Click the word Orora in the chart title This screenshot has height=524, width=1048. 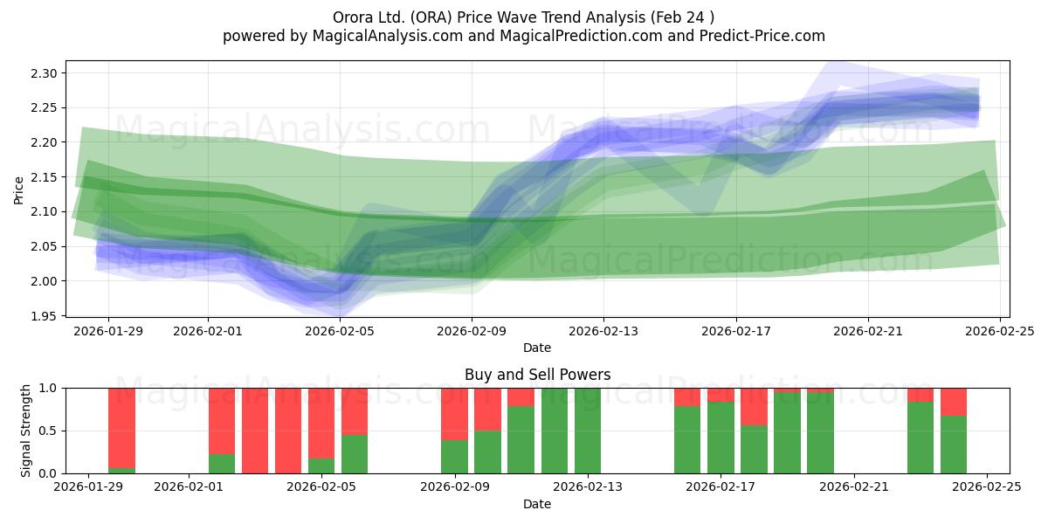pyautogui.click(x=353, y=17)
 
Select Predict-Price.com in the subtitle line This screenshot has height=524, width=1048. pyautogui.click(x=769, y=36)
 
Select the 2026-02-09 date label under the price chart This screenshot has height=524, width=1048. pyautogui.click(x=472, y=332)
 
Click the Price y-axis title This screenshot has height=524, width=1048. pyautogui.click(x=18, y=190)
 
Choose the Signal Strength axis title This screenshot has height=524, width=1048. pyautogui.click(x=26, y=431)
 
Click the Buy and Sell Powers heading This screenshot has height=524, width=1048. pyautogui.click(x=537, y=375)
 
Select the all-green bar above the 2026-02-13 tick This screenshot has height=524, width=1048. pyautogui.click(x=588, y=431)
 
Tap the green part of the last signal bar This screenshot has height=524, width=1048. pyautogui.click(x=954, y=445)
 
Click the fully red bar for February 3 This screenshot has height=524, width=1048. pyautogui.click(x=255, y=431)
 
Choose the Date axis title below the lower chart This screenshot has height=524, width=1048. pyautogui.click(x=537, y=504)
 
